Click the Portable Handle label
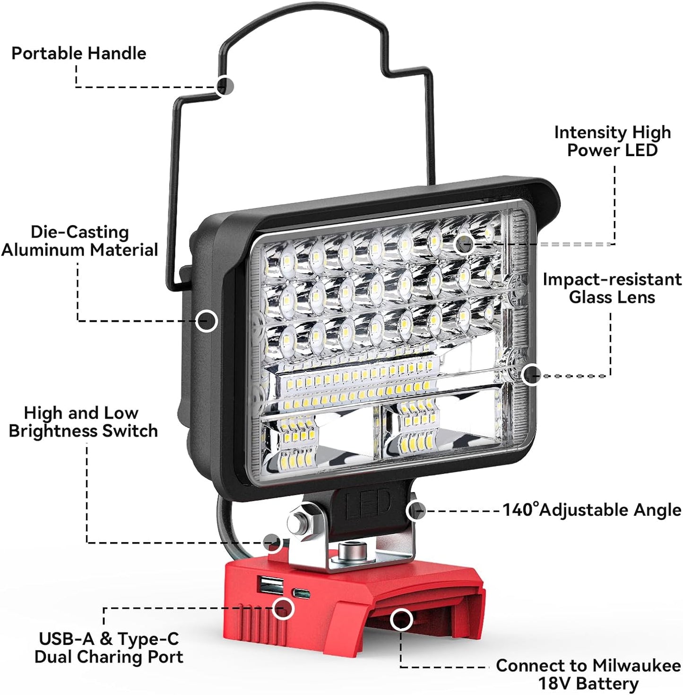pyautogui.click(x=78, y=53)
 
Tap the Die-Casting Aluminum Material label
pyautogui.click(x=79, y=241)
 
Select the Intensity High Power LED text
pyautogui.click(x=612, y=141)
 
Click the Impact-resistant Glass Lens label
pyautogui.click(x=612, y=288)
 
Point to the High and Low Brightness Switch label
pyautogui.click(x=83, y=422)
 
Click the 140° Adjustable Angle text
pyautogui.click(x=591, y=510)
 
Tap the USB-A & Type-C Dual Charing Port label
pyautogui.click(x=109, y=648)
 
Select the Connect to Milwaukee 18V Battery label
pyautogui.click(x=588, y=674)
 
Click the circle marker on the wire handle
pyautogui.click(x=225, y=86)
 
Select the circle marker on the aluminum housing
pyautogui.click(x=207, y=321)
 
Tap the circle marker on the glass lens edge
pyautogui.click(x=531, y=375)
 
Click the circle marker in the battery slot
pyautogui.click(x=401, y=619)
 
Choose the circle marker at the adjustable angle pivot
pyautogui.click(x=415, y=510)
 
